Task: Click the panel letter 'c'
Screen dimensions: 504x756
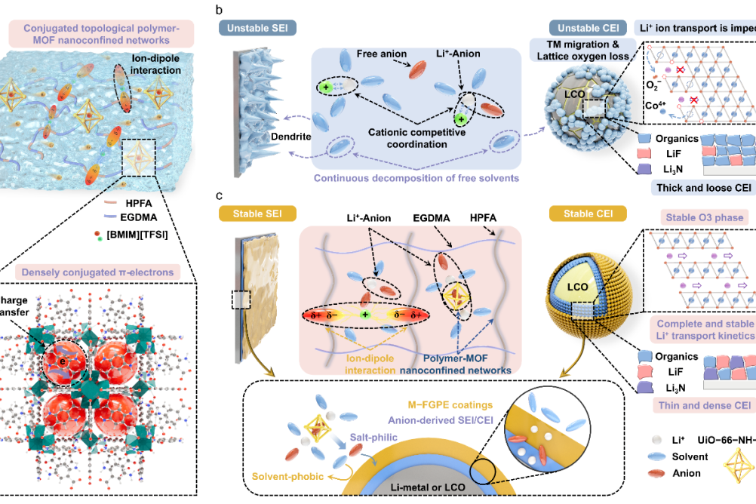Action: [219, 195]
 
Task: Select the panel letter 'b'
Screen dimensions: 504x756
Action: [219, 10]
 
